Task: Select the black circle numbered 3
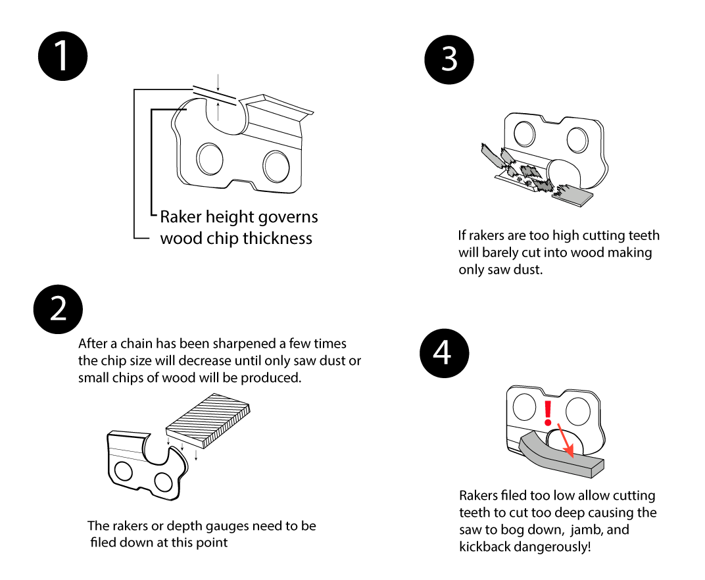click(449, 59)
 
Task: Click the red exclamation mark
click(547, 411)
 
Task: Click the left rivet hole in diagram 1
click(210, 157)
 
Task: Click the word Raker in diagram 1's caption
click(181, 216)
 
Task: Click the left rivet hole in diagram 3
click(525, 134)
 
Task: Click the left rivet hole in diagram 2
click(122, 471)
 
